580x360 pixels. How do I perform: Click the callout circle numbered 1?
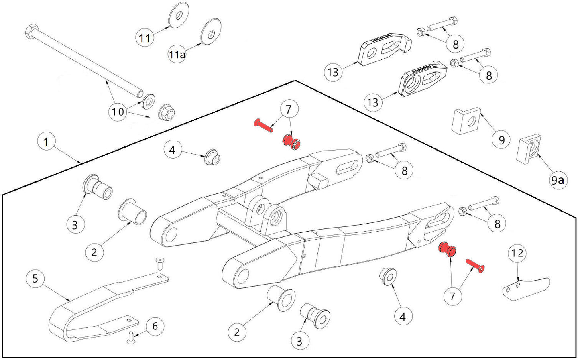point(46,142)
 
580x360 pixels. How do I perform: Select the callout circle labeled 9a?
point(557,181)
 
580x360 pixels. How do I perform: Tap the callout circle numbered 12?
point(517,253)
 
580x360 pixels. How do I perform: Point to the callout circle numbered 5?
point(35,279)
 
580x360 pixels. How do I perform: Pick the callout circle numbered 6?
point(155,326)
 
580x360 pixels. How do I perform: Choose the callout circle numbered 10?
point(118,111)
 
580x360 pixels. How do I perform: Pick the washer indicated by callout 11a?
point(211,31)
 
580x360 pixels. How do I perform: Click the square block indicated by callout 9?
point(466,120)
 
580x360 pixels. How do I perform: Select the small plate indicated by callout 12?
point(526,288)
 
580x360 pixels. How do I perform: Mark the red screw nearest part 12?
point(475,266)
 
